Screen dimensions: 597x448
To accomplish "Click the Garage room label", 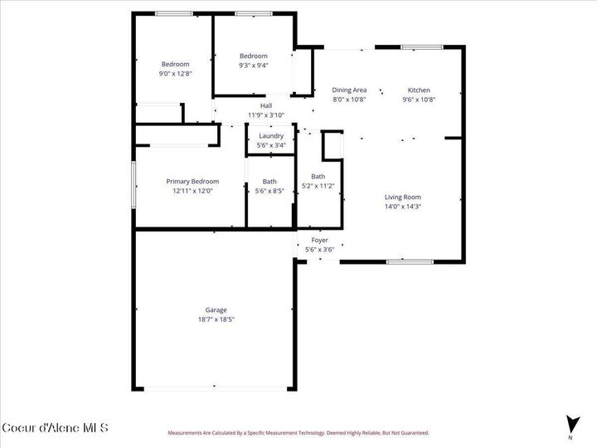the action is point(216,310).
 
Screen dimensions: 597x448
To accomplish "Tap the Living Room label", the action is point(403,197).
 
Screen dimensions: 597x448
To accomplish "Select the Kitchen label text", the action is point(419,90).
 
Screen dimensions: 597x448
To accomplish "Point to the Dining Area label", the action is point(349,90).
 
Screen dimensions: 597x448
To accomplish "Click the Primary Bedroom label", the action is point(192,182).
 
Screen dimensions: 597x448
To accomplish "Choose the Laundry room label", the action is point(271,136).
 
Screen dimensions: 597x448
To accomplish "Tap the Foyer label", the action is point(319,241).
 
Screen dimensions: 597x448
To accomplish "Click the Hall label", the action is point(266,105).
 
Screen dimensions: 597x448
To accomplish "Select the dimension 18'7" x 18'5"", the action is point(216,319).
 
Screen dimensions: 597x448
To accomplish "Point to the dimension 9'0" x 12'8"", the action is point(175,74).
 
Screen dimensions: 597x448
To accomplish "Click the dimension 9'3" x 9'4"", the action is point(254,66).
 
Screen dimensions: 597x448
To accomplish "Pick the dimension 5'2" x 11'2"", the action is point(318,186).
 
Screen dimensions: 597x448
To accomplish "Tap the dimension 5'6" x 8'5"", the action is point(269,191).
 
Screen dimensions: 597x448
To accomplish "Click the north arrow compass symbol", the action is point(572,424).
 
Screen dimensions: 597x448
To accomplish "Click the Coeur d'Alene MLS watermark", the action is point(56,427).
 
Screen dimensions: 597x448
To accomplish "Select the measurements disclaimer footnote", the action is point(298,433).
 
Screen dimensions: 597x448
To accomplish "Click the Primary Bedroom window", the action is point(133,185).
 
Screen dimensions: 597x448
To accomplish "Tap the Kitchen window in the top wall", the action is point(422,47).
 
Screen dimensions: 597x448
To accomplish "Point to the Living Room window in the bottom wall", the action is point(410,261).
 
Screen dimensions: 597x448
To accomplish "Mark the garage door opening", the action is point(215,388).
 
